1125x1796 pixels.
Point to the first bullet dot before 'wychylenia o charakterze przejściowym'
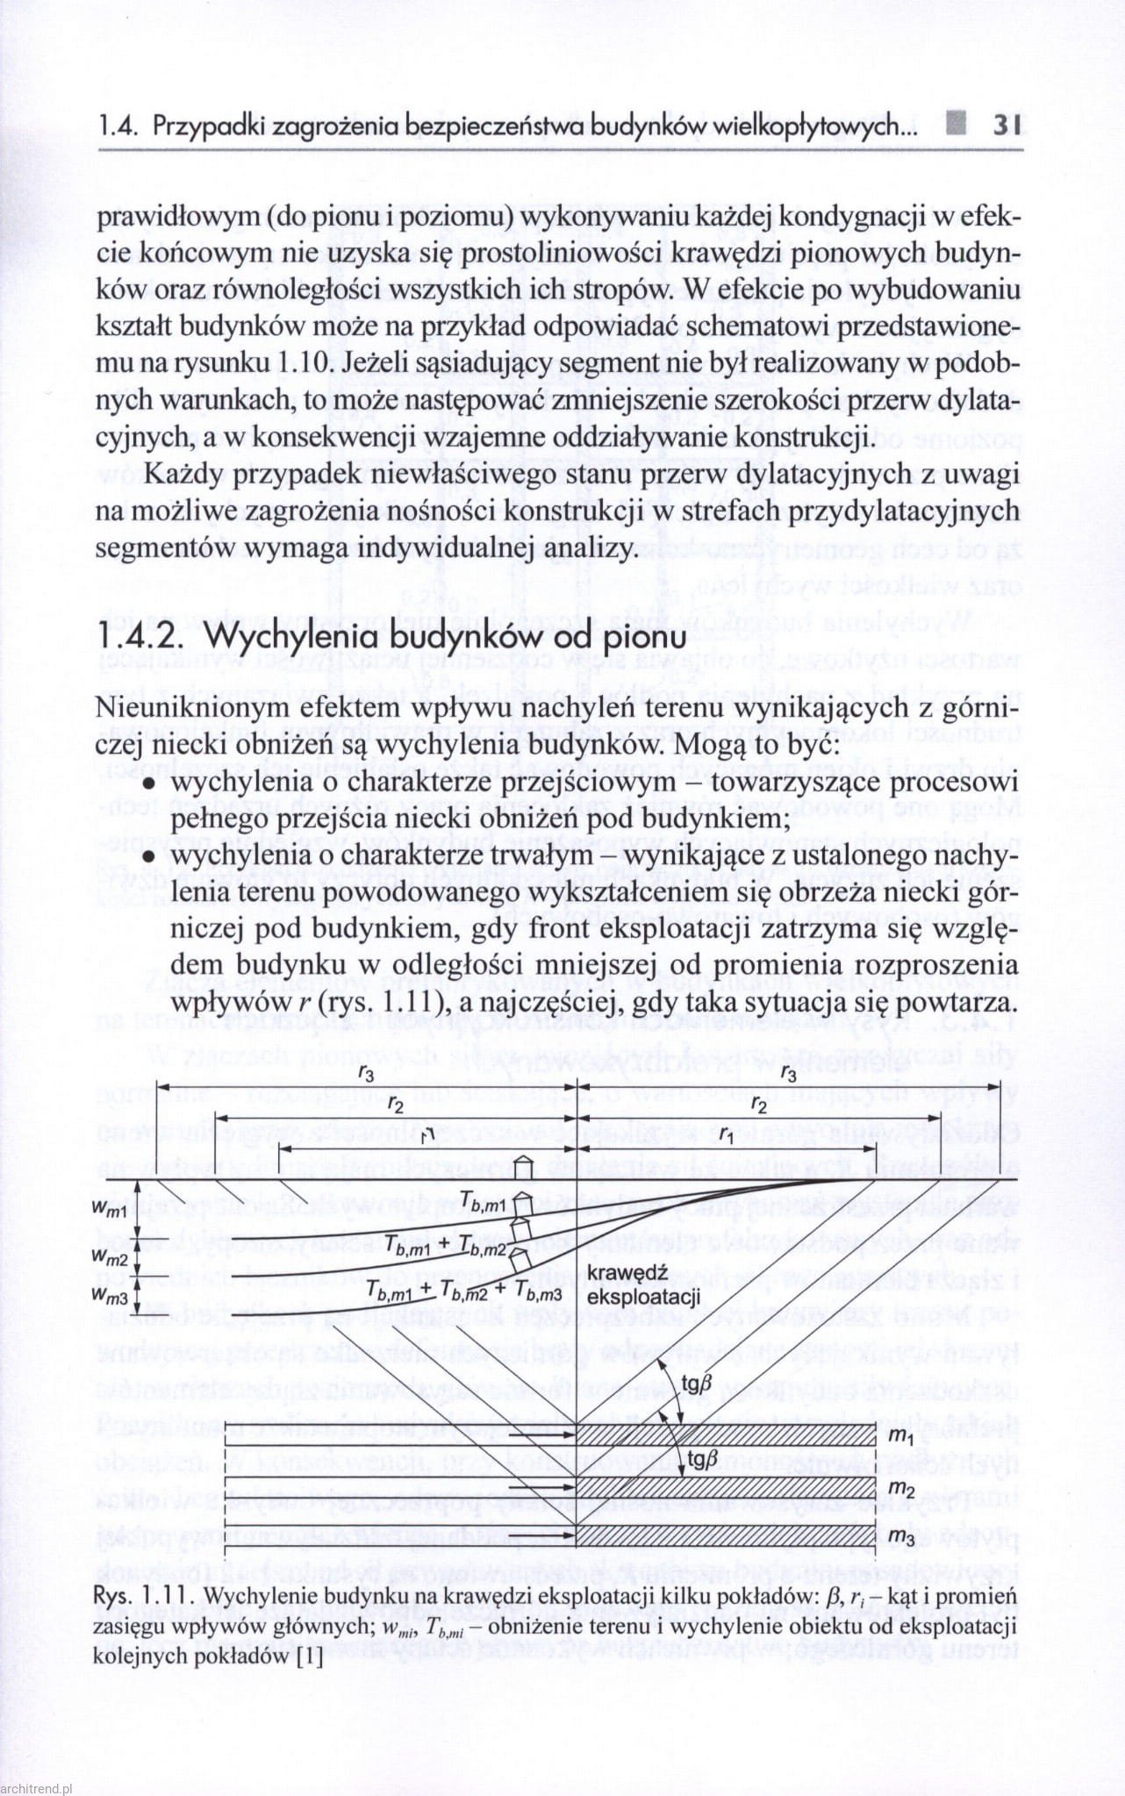(x=149, y=784)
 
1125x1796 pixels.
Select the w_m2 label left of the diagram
(x=111, y=1256)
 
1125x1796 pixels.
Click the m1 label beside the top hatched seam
(x=901, y=1437)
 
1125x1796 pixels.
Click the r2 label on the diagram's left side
(x=397, y=1106)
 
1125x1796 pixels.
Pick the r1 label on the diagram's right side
(x=726, y=1135)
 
